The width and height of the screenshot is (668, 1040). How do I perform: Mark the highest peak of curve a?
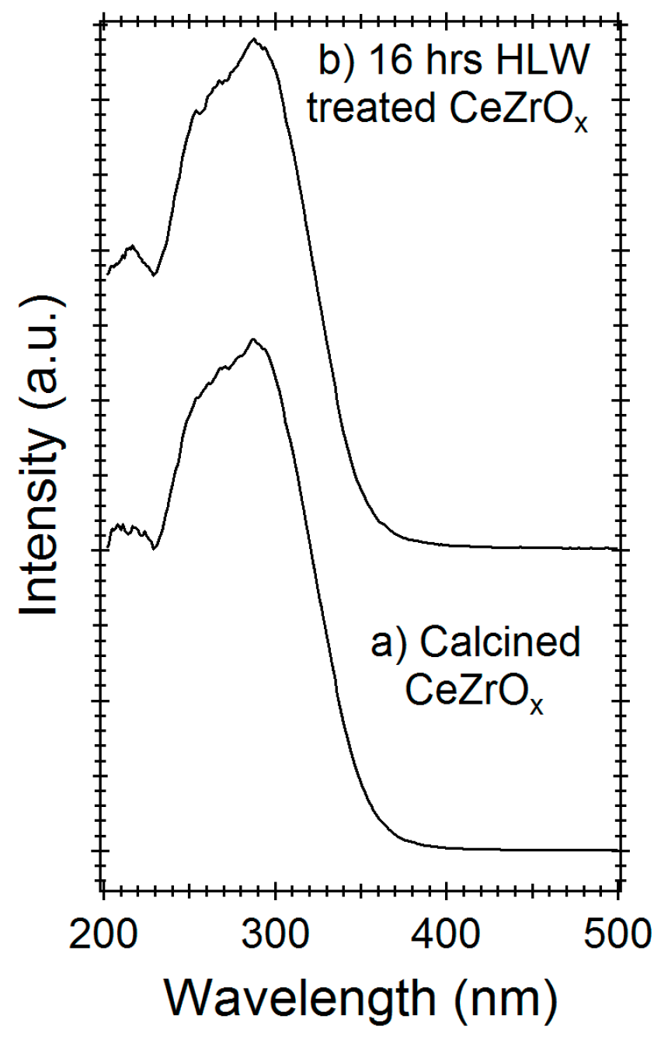coord(252,339)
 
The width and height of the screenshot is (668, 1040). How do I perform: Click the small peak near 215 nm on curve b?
coord(132,246)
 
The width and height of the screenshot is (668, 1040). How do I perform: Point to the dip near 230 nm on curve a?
coord(155,548)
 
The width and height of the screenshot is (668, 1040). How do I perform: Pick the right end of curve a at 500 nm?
coord(618,850)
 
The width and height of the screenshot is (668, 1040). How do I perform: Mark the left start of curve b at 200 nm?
coord(107,274)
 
